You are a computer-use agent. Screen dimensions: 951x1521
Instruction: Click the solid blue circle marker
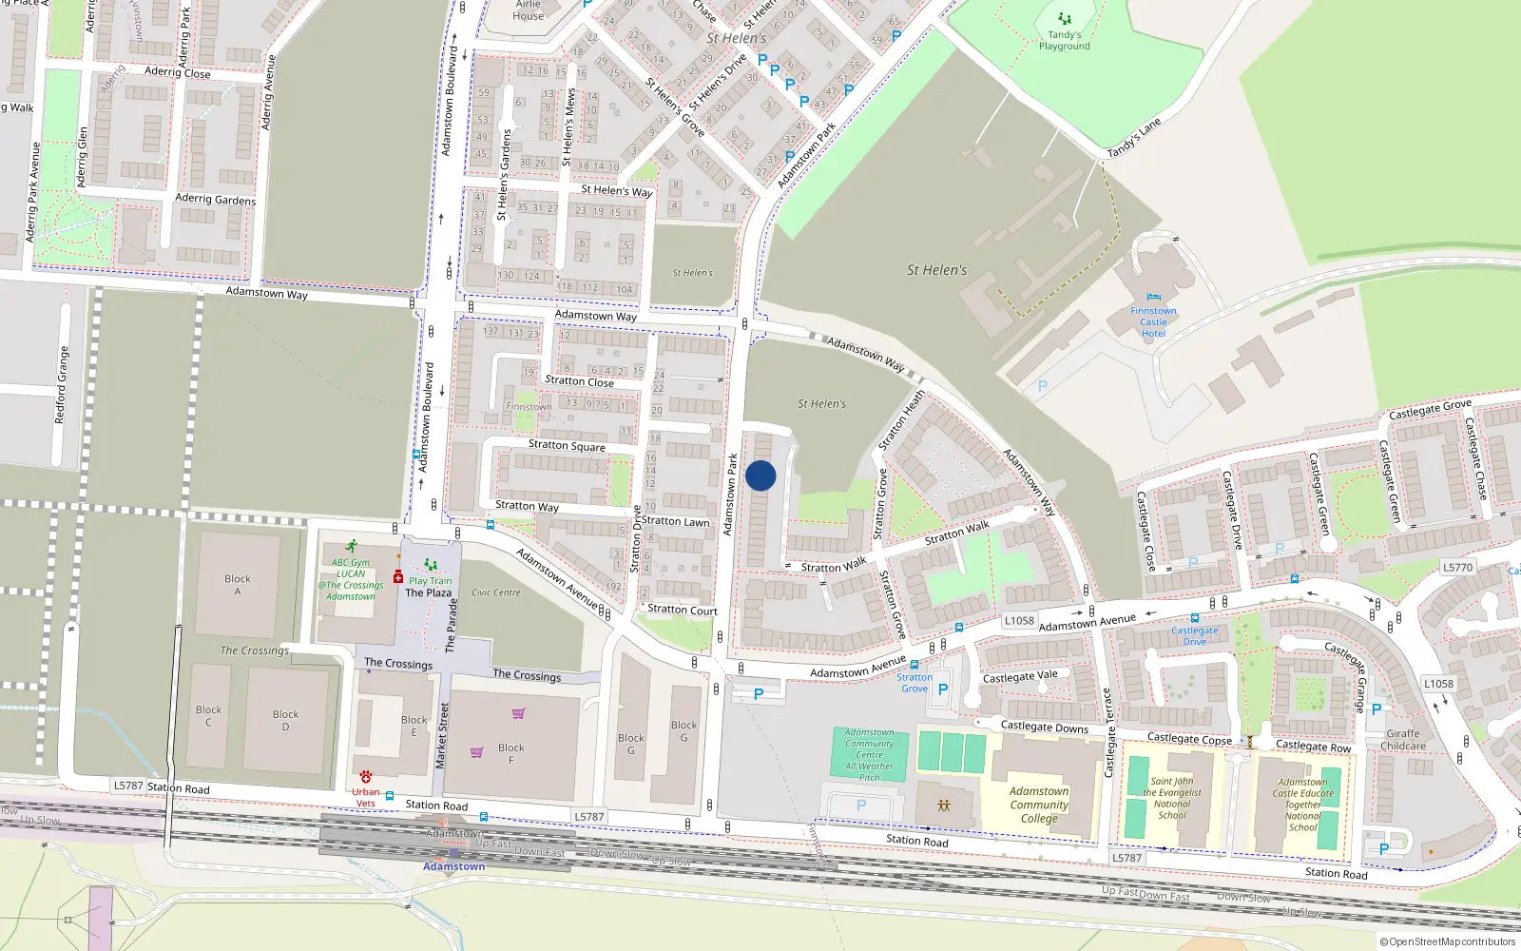click(760, 475)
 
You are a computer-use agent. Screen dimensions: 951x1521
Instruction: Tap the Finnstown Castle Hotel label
click(1153, 322)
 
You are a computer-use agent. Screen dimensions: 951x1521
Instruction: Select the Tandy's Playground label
click(1064, 41)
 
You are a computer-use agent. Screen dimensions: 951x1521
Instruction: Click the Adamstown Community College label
click(1038, 805)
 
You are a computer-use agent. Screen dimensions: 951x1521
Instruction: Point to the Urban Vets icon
click(366, 777)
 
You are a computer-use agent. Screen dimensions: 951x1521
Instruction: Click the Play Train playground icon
click(431, 565)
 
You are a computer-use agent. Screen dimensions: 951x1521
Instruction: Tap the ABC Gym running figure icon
click(352, 547)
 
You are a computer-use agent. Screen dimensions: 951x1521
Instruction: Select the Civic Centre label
click(495, 592)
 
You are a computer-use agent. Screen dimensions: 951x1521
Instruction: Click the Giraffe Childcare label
click(1403, 740)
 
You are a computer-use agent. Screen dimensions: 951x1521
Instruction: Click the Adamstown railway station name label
click(453, 866)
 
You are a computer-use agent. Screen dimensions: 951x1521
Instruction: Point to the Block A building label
click(238, 585)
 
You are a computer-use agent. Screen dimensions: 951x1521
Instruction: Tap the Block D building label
click(285, 721)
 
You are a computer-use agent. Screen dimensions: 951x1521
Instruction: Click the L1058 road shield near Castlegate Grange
click(1438, 684)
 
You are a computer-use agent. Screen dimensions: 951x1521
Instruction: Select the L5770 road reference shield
click(1457, 568)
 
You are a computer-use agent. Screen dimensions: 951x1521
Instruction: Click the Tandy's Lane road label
click(1134, 138)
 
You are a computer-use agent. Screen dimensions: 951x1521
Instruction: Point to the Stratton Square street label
click(567, 445)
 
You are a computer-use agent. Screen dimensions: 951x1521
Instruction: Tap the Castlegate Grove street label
click(1430, 410)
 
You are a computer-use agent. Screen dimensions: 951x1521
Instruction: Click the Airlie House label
click(529, 10)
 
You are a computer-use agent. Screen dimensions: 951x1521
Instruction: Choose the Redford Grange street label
click(61, 384)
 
